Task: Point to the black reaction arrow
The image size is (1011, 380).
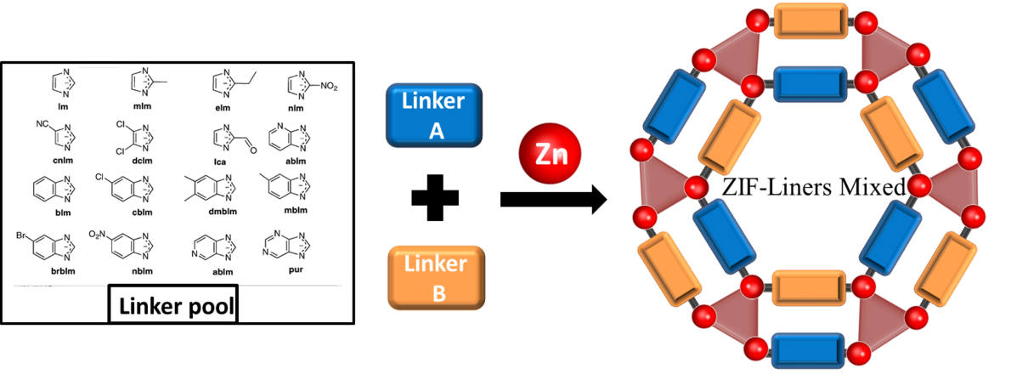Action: pos(552,201)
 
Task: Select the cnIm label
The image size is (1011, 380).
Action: pos(60,158)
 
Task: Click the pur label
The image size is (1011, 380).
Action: pos(295,269)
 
